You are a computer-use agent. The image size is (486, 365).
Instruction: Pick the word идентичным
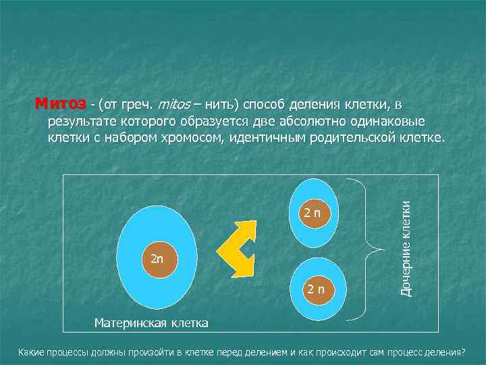point(266,139)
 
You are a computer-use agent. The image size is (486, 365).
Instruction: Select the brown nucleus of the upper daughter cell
point(316,213)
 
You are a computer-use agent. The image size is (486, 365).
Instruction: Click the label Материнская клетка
point(151,322)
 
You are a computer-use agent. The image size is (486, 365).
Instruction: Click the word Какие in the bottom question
point(31,353)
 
